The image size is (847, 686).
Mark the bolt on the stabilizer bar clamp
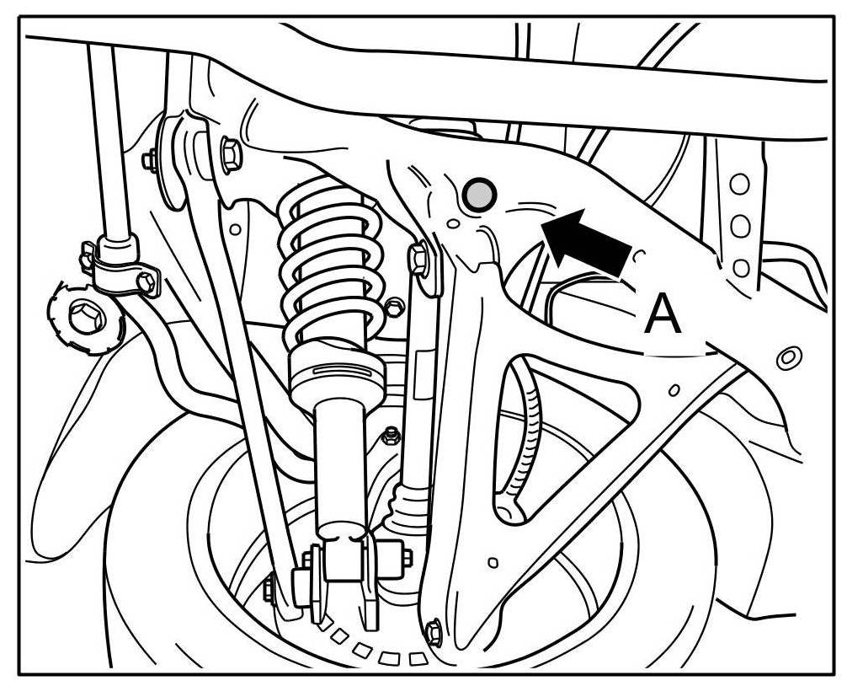click(148, 283)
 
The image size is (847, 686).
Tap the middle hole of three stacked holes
click(741, 226)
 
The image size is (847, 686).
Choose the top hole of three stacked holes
click(740, 185)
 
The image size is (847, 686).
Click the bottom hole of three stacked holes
click(742, 268)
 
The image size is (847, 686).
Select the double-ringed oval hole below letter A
click(788, 357)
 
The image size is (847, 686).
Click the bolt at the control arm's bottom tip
click(434, 630)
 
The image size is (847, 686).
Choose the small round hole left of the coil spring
click(235, 228)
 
